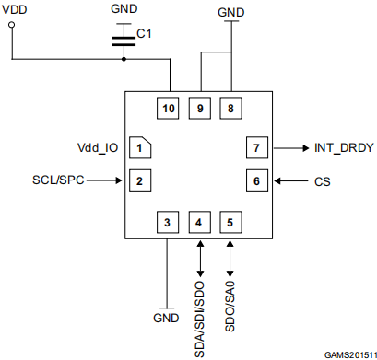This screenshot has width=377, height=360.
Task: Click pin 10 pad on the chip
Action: pyautogui.click(x=168, y=108)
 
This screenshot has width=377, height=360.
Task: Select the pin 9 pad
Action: pyautogui.click(x=200, y=108)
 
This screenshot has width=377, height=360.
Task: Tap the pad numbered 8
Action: pyautogui.click(x=230, y=108)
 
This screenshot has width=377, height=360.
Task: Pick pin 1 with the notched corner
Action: pyautogui.click(x=140, y=147)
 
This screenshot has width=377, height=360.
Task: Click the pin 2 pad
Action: pyautogui.click(x=140, y=180)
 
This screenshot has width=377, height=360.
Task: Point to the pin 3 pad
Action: pyautogui.click(x=168, y=222)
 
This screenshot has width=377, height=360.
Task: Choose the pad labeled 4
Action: pyautogui.click(x=200, y=222)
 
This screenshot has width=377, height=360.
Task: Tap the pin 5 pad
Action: pyautogui.click(x=230, y=222)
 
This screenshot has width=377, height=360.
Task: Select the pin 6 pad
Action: pyautogui.click(x=257, y=180)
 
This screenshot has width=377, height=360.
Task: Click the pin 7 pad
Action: pyautogui.click(x=257, y=147)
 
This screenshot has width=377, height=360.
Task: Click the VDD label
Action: pyautogui.click(x=14, y=9)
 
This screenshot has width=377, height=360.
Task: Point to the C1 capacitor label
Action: pyautogui.click(x=144, y=33)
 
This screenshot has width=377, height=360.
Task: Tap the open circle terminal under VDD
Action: pyautogui.click(x=12, y=25)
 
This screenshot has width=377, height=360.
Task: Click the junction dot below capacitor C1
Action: pyautogui.click(x=124, y=59)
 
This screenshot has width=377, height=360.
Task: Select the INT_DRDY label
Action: pyautogui.click(x=344, y=148)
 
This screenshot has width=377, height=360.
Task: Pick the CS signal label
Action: pyautogui.click(x=323, y=181)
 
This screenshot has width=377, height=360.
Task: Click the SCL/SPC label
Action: pyautogui.click(x=58, y=180)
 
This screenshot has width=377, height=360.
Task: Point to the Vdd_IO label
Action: pyautogui.click(x=98, y=148)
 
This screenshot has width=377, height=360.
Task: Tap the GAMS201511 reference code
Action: pyautogui.click(x=350, y=355)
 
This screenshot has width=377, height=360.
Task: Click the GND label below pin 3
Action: pyautogui.click(x=166, y=318)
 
